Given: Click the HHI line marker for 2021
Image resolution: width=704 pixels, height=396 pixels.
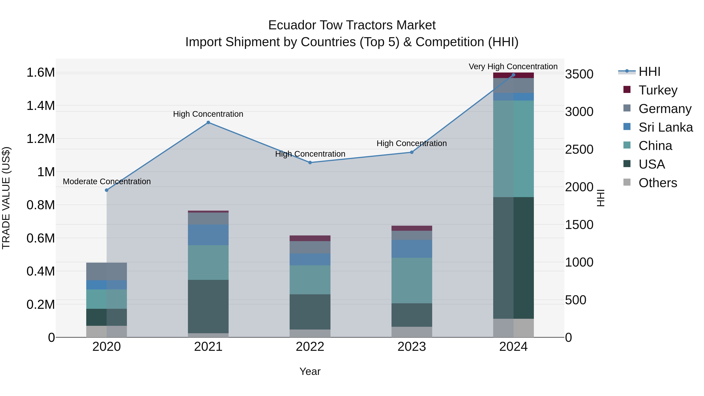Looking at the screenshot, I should (208, 122).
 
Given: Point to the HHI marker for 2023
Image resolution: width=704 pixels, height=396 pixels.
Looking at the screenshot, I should (412, 152).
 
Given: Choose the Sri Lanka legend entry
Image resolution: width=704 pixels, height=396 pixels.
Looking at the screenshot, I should (665, 127).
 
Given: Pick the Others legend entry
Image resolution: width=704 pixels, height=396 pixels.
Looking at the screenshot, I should (657, 183).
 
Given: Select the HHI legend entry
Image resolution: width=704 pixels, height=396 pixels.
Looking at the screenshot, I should (649, 72).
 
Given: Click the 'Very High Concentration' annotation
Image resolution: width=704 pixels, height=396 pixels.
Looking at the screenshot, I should (513, 66).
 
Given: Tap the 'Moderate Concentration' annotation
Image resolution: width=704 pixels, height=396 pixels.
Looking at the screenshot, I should (107, 181).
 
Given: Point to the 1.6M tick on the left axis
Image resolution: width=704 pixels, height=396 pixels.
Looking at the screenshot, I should (40, 73).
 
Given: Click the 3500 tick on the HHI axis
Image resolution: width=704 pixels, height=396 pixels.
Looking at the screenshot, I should (579, 74).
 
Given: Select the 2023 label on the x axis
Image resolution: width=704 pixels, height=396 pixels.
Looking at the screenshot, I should (412, 347).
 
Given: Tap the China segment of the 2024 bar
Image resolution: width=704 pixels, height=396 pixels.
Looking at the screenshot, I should (513, 149).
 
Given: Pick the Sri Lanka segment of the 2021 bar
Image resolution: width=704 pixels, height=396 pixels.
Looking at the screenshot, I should (208, 235).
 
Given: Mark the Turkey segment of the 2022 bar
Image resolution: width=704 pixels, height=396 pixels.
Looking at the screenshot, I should (310, 238).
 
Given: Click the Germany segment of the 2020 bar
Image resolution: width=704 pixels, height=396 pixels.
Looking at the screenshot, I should (107, 271).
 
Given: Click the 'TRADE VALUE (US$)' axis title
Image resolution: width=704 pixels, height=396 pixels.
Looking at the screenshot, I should (6, 198).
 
